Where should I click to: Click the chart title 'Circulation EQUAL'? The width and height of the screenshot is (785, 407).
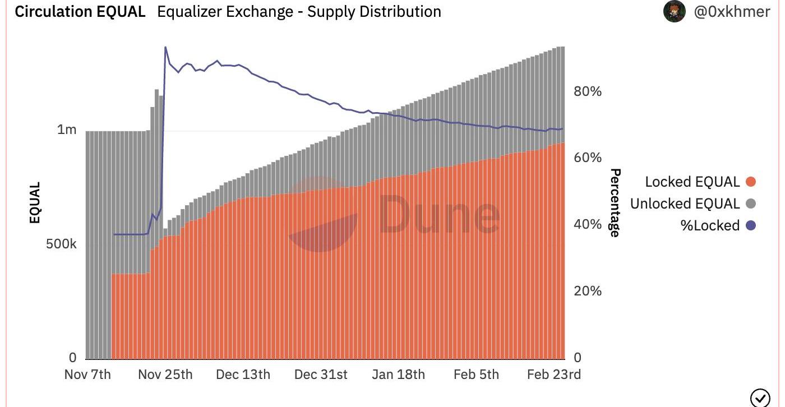click(x=80, y=12)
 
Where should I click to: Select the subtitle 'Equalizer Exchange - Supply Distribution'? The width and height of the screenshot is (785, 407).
click(x=299, y=12)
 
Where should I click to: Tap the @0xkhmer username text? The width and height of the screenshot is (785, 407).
click(x=732, y=11)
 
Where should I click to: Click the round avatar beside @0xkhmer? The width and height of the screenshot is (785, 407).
click(x=674, y=11)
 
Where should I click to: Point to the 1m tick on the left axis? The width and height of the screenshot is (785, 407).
click(x=67, y=130)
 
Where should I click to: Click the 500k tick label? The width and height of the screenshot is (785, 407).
click(x=61, y=244)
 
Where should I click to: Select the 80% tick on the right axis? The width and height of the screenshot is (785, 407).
click(x=588, y=91)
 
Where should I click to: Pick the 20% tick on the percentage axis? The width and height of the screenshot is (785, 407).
click(x=588, y=291)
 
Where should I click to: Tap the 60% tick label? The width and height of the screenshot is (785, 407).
click(x=588, y=158)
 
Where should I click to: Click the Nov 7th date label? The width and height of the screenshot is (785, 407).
click(x=87, y=374)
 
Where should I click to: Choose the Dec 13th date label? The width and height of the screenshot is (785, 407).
click(x=243, y=374)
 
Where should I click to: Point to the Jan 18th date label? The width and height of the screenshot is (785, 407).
click(x=398, y=374)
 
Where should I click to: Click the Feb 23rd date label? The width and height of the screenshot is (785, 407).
click(x=554, y=374)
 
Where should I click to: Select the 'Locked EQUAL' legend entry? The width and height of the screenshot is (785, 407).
click(x=692, y=182)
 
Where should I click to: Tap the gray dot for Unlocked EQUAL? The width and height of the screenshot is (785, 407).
click(x=751, y=203)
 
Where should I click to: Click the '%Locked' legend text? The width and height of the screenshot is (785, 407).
click(x=710, y=225)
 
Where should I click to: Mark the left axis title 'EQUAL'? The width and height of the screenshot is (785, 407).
click(x=35, y=203)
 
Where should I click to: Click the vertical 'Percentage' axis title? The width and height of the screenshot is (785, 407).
click(x=615, y=203)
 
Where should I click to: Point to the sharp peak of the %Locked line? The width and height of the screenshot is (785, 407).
click(x=165, y=47)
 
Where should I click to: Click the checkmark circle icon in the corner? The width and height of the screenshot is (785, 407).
click(x=760, y=397)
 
